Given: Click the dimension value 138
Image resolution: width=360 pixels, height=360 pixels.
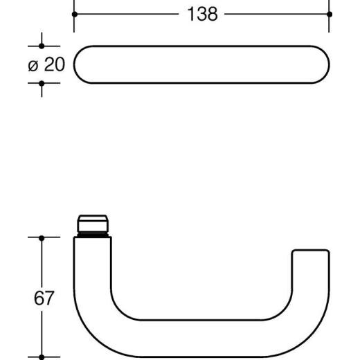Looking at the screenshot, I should pos(201,14).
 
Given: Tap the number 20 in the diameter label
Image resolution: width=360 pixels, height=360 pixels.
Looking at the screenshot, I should pos(55,64).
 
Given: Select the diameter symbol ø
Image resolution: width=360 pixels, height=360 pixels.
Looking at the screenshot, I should pos(33,65).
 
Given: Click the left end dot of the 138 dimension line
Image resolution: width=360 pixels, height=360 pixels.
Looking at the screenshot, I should pos(74,14).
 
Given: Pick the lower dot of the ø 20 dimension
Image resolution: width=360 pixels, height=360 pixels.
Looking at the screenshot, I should pos(41,82).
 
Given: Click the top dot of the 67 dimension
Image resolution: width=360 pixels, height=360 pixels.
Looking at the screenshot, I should pos(41,237).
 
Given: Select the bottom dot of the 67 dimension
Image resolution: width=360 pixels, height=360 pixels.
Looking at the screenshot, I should pos(41,357).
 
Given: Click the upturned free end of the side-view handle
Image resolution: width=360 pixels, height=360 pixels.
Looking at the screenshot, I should pos(309,260).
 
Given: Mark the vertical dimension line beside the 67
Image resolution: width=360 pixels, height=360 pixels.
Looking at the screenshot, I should pos(41,263).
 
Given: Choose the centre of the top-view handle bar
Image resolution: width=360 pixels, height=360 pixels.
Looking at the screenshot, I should pos(201,64).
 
